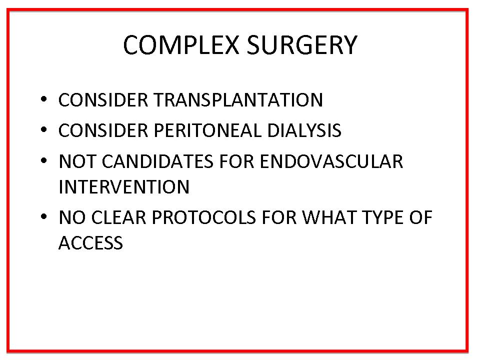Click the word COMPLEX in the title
[181, 45]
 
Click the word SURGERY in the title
[302, 45]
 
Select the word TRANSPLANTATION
[238, 100]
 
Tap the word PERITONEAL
[207, 130]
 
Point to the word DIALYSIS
[304, 130]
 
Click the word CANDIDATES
[157, 161]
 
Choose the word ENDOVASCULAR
[331, 161]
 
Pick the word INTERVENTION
[124, 186]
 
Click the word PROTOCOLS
[203, 217]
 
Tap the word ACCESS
[90, 243]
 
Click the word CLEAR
[119, 217]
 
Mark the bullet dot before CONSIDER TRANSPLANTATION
[44, 99]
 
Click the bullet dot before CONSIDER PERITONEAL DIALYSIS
[44, 129]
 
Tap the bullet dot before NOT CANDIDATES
[44, 160]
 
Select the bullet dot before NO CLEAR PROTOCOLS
[44, 216]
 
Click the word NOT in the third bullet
[77, 161]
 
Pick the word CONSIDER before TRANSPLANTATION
[103, 100]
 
